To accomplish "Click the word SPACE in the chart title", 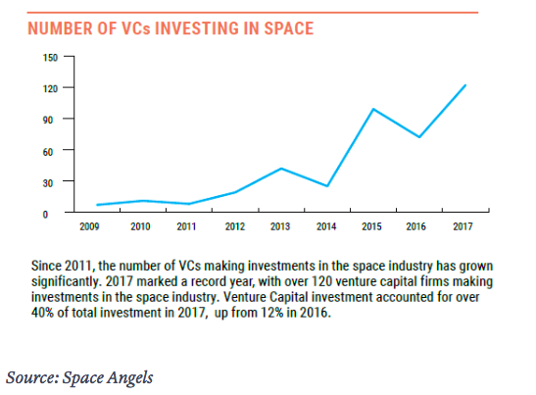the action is point(288,28).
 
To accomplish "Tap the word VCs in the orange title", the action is point(135,28).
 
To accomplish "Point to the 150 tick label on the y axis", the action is point(50,58).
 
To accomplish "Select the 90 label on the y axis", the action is point(48,120).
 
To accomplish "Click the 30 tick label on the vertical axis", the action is point(48,183).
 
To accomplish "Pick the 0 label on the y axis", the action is point(45,215).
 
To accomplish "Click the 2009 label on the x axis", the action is point(89,226).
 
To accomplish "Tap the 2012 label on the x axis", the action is point(235,226).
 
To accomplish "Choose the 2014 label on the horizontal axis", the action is point(326,226).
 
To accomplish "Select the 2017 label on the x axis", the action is point(463,226).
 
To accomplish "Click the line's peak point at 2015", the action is point(373,109).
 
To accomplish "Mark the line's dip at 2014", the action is point(327,186).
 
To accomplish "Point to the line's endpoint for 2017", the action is point(464,85).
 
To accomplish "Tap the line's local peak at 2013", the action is point(281,169).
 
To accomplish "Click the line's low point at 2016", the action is point(419,137).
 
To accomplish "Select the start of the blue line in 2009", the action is point(97,205).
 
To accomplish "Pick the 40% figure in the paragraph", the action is point(42,313).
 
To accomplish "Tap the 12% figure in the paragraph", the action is point(272,313).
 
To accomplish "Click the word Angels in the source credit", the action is point(130,378).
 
